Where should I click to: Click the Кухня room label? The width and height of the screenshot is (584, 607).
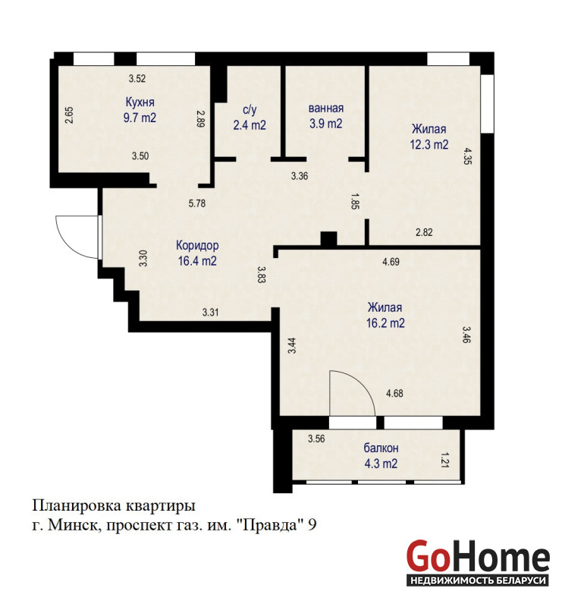[x=140, y=102]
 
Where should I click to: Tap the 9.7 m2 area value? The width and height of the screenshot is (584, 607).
[x=140, y=118]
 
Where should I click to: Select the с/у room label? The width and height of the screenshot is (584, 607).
[x=250, y=110]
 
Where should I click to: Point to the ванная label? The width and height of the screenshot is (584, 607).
[x=326, y=109]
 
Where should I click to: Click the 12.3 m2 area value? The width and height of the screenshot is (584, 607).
[x=429, y=144]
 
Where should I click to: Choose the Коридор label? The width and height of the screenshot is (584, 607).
[x=197, y=245]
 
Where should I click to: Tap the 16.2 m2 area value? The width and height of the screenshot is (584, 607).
[x=385, y=323]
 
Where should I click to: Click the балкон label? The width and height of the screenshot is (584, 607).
[x=381, y=448]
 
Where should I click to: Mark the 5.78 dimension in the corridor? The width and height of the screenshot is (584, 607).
[x=197, y=203]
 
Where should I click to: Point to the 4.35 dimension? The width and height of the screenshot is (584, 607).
[x=468, y=156]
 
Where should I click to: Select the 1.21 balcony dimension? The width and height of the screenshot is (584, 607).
[x=444, y=461]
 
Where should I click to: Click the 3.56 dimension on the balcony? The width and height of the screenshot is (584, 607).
[x=316, y=439]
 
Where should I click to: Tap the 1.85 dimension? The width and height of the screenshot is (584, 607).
[x=354, y=201]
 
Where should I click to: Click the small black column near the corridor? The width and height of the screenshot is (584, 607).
[x=328, y=238]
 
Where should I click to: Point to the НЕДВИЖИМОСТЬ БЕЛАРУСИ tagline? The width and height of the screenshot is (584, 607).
[x=478, y=580]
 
